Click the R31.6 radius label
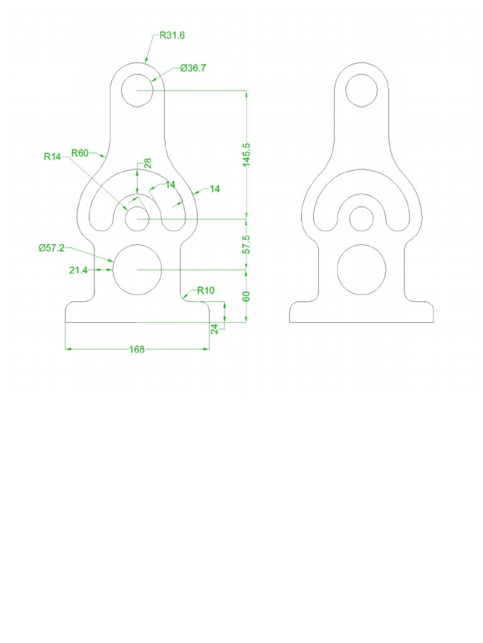[172, 36]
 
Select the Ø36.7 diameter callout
[192, 68]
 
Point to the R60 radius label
[80, 153]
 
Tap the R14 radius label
[52, 157]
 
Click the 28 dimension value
[148, 163]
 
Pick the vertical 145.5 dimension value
[246, 154]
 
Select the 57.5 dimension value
[246, 244]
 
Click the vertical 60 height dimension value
[246, 296]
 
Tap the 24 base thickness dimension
[215, 328]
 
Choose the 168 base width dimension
[137, 350]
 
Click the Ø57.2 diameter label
[51, 248]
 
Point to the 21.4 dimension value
[78, 270]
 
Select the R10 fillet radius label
[206, 290]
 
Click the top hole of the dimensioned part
[137, 90]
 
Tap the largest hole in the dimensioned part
[137, 269]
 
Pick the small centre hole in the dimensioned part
[137, 219]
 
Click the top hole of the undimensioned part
[362, 90]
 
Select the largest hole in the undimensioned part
[362, 269]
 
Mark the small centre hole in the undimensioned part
[362, 219]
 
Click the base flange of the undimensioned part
[362, 313]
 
